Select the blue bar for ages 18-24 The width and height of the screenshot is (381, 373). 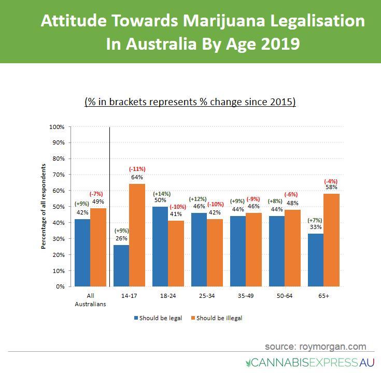pos(161,246)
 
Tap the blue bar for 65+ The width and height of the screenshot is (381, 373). pos(315,260)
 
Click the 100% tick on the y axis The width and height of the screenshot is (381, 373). pos(57,127)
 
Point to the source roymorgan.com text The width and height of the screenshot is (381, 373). pos(315,346)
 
